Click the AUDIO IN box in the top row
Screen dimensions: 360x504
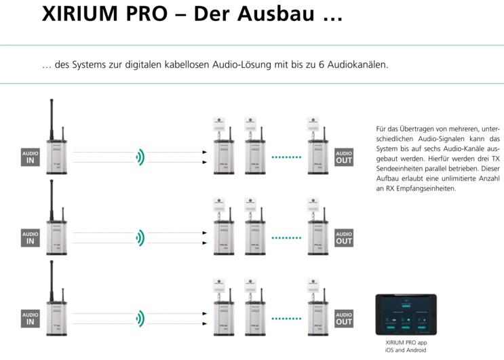point(31,158)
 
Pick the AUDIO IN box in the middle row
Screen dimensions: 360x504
point(31,237)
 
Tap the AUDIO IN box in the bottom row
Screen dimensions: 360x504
point(31,318)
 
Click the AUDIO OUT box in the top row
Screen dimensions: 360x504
point(344,158)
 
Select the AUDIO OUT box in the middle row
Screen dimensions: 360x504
point(344,237)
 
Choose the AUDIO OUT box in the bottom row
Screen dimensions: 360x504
point(344,318)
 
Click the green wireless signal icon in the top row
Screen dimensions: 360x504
point(140,157)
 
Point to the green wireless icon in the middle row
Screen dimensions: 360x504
point(140,237)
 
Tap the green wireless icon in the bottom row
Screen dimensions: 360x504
point(140,317)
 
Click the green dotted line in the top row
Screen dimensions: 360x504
point(286,157)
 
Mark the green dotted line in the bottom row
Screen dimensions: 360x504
point(286,317)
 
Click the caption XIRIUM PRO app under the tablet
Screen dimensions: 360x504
point(406,342)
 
